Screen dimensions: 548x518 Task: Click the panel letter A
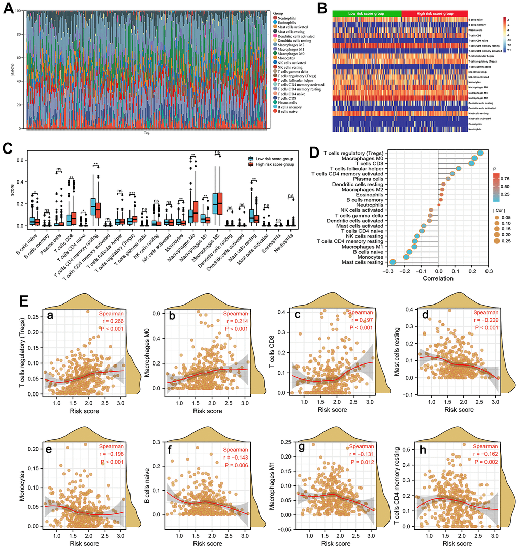coord(8,10)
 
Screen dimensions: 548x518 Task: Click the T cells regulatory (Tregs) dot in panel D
coord(480,153)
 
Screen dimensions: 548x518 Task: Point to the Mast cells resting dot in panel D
coord(393,262)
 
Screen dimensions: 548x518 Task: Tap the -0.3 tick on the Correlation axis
coord(388,271)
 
